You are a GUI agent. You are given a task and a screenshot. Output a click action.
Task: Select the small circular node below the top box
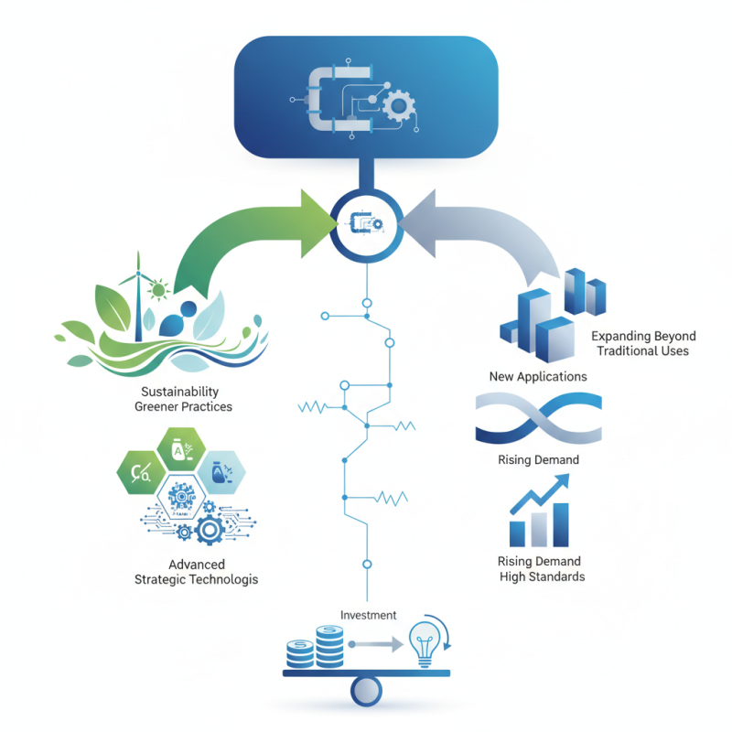coord(366,221)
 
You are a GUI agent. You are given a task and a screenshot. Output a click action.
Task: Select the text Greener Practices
coord(183,406)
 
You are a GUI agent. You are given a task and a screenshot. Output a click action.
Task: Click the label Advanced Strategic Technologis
coord(196,572)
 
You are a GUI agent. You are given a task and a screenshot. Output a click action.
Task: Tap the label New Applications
coord(538,376)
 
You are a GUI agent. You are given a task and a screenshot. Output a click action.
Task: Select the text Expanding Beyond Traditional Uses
coord(642,343)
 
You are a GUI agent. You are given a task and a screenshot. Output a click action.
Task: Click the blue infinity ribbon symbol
coord(538,419)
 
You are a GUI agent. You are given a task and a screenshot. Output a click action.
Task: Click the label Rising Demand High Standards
coord(540,568)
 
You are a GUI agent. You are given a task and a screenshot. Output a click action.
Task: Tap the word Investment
coord(368,616)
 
